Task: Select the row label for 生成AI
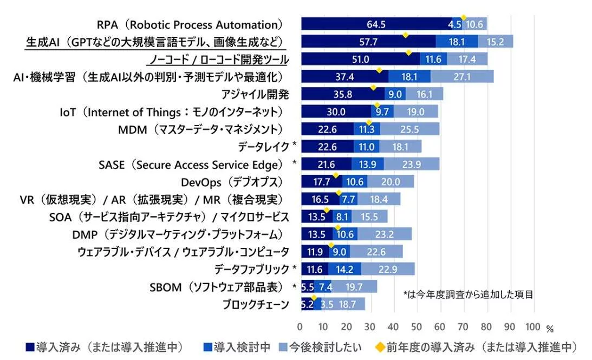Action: pyautogui.click(x=156, y=42)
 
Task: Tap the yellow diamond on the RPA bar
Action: pyautogui.click(x=463, y=17)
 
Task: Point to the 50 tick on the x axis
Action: pyautogui.click(x=417, y=326)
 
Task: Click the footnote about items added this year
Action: pyautogui.click(x=468, y=294)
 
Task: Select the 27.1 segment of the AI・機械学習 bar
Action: pyautogui.click(x=461, y=76)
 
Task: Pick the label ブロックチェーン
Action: pyautogui.click(x=256, y=304)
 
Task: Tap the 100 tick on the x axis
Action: pyautogui.click(x=532, y=326)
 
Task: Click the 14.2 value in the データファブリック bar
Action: pyautogui.click(x=344, y=269)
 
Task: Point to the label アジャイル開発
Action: pyautogui.click(x=255, y=94)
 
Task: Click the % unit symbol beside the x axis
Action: pyautogui.click(x=550, y=328)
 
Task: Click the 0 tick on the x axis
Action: pyautogui.click(x=300, y=326)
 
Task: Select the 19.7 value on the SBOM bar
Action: pyautogui.click(x=354, y=287)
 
